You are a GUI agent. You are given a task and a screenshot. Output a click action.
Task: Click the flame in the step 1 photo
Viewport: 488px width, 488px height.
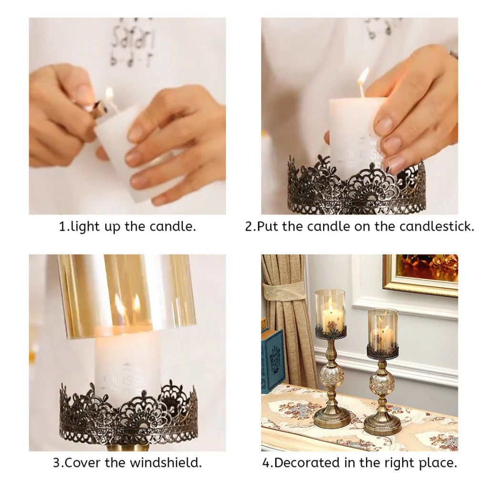point(109,94)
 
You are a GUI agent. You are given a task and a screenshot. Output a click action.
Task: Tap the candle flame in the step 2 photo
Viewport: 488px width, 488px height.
point(363,76)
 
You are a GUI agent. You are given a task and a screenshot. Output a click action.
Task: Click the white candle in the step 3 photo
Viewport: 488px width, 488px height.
point(127,362)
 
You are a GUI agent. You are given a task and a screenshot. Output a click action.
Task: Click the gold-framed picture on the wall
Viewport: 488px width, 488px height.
point(421,274)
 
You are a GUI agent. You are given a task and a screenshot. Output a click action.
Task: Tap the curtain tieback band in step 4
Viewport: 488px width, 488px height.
point(285,291)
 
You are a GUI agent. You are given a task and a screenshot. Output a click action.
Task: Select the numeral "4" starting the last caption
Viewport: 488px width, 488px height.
point(266,463)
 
